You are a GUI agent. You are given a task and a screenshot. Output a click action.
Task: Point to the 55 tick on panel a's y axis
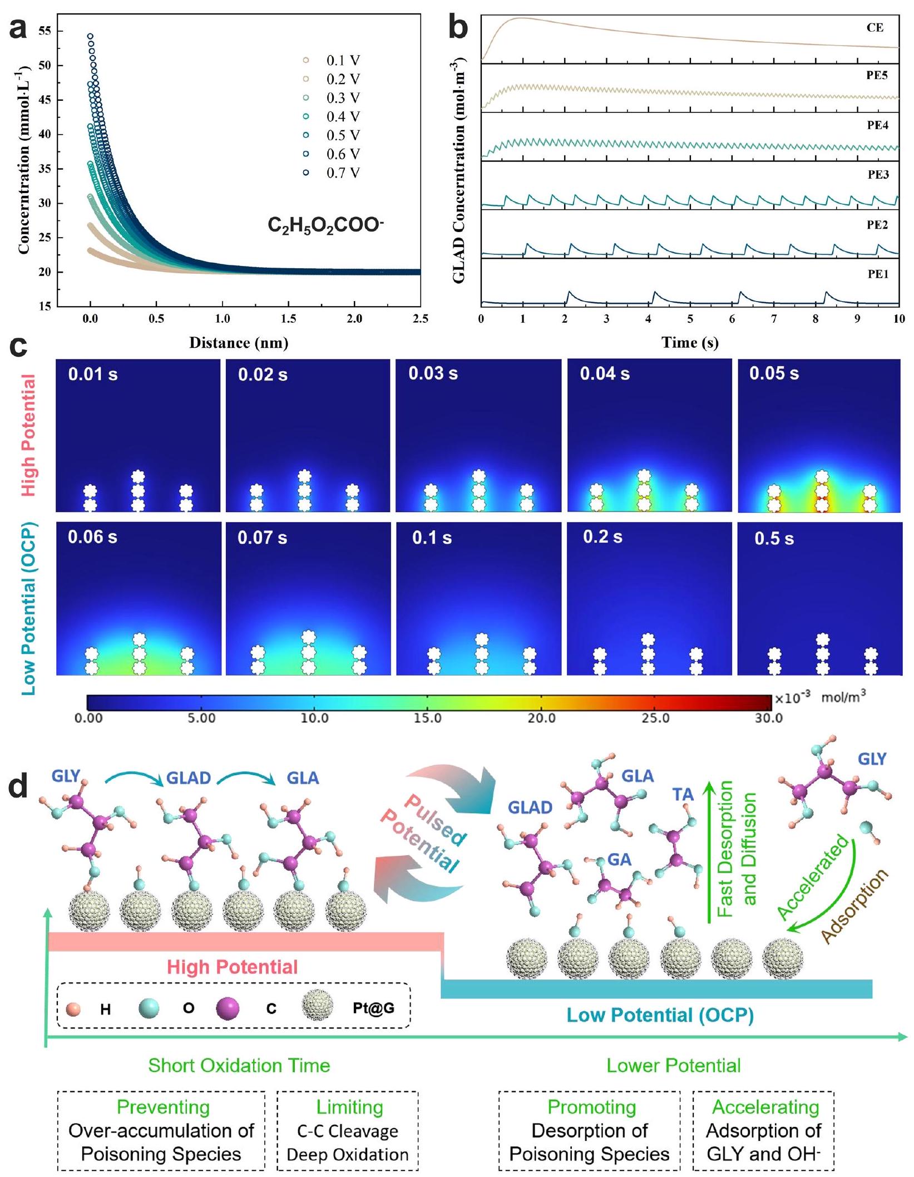pyautogui.click(x=45, y=31)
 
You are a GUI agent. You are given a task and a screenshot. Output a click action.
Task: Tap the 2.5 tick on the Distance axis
pyautogui.click(x=421, y=319)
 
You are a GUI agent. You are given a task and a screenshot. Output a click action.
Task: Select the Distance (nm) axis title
pyautogui.click(x=239, y=343)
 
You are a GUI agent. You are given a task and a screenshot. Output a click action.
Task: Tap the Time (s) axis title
pyautogui.click(x=690, y=343)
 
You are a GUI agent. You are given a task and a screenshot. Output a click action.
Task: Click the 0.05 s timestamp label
pyautogui.click(x=774, y=373)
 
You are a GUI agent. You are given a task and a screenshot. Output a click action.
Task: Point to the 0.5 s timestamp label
pyautogui.click(x=774, y=539)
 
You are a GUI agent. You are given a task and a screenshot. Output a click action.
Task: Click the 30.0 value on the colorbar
pyautogui.click(x=768, y=718)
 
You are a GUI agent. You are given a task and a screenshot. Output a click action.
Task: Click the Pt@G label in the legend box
pyautogui.click(x=373, y=1008)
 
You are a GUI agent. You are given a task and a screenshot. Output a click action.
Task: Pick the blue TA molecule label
pyautogui.click(x=683, y=794)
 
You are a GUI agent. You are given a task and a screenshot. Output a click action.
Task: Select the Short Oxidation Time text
pyautogui.click(x=239, y=1066)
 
